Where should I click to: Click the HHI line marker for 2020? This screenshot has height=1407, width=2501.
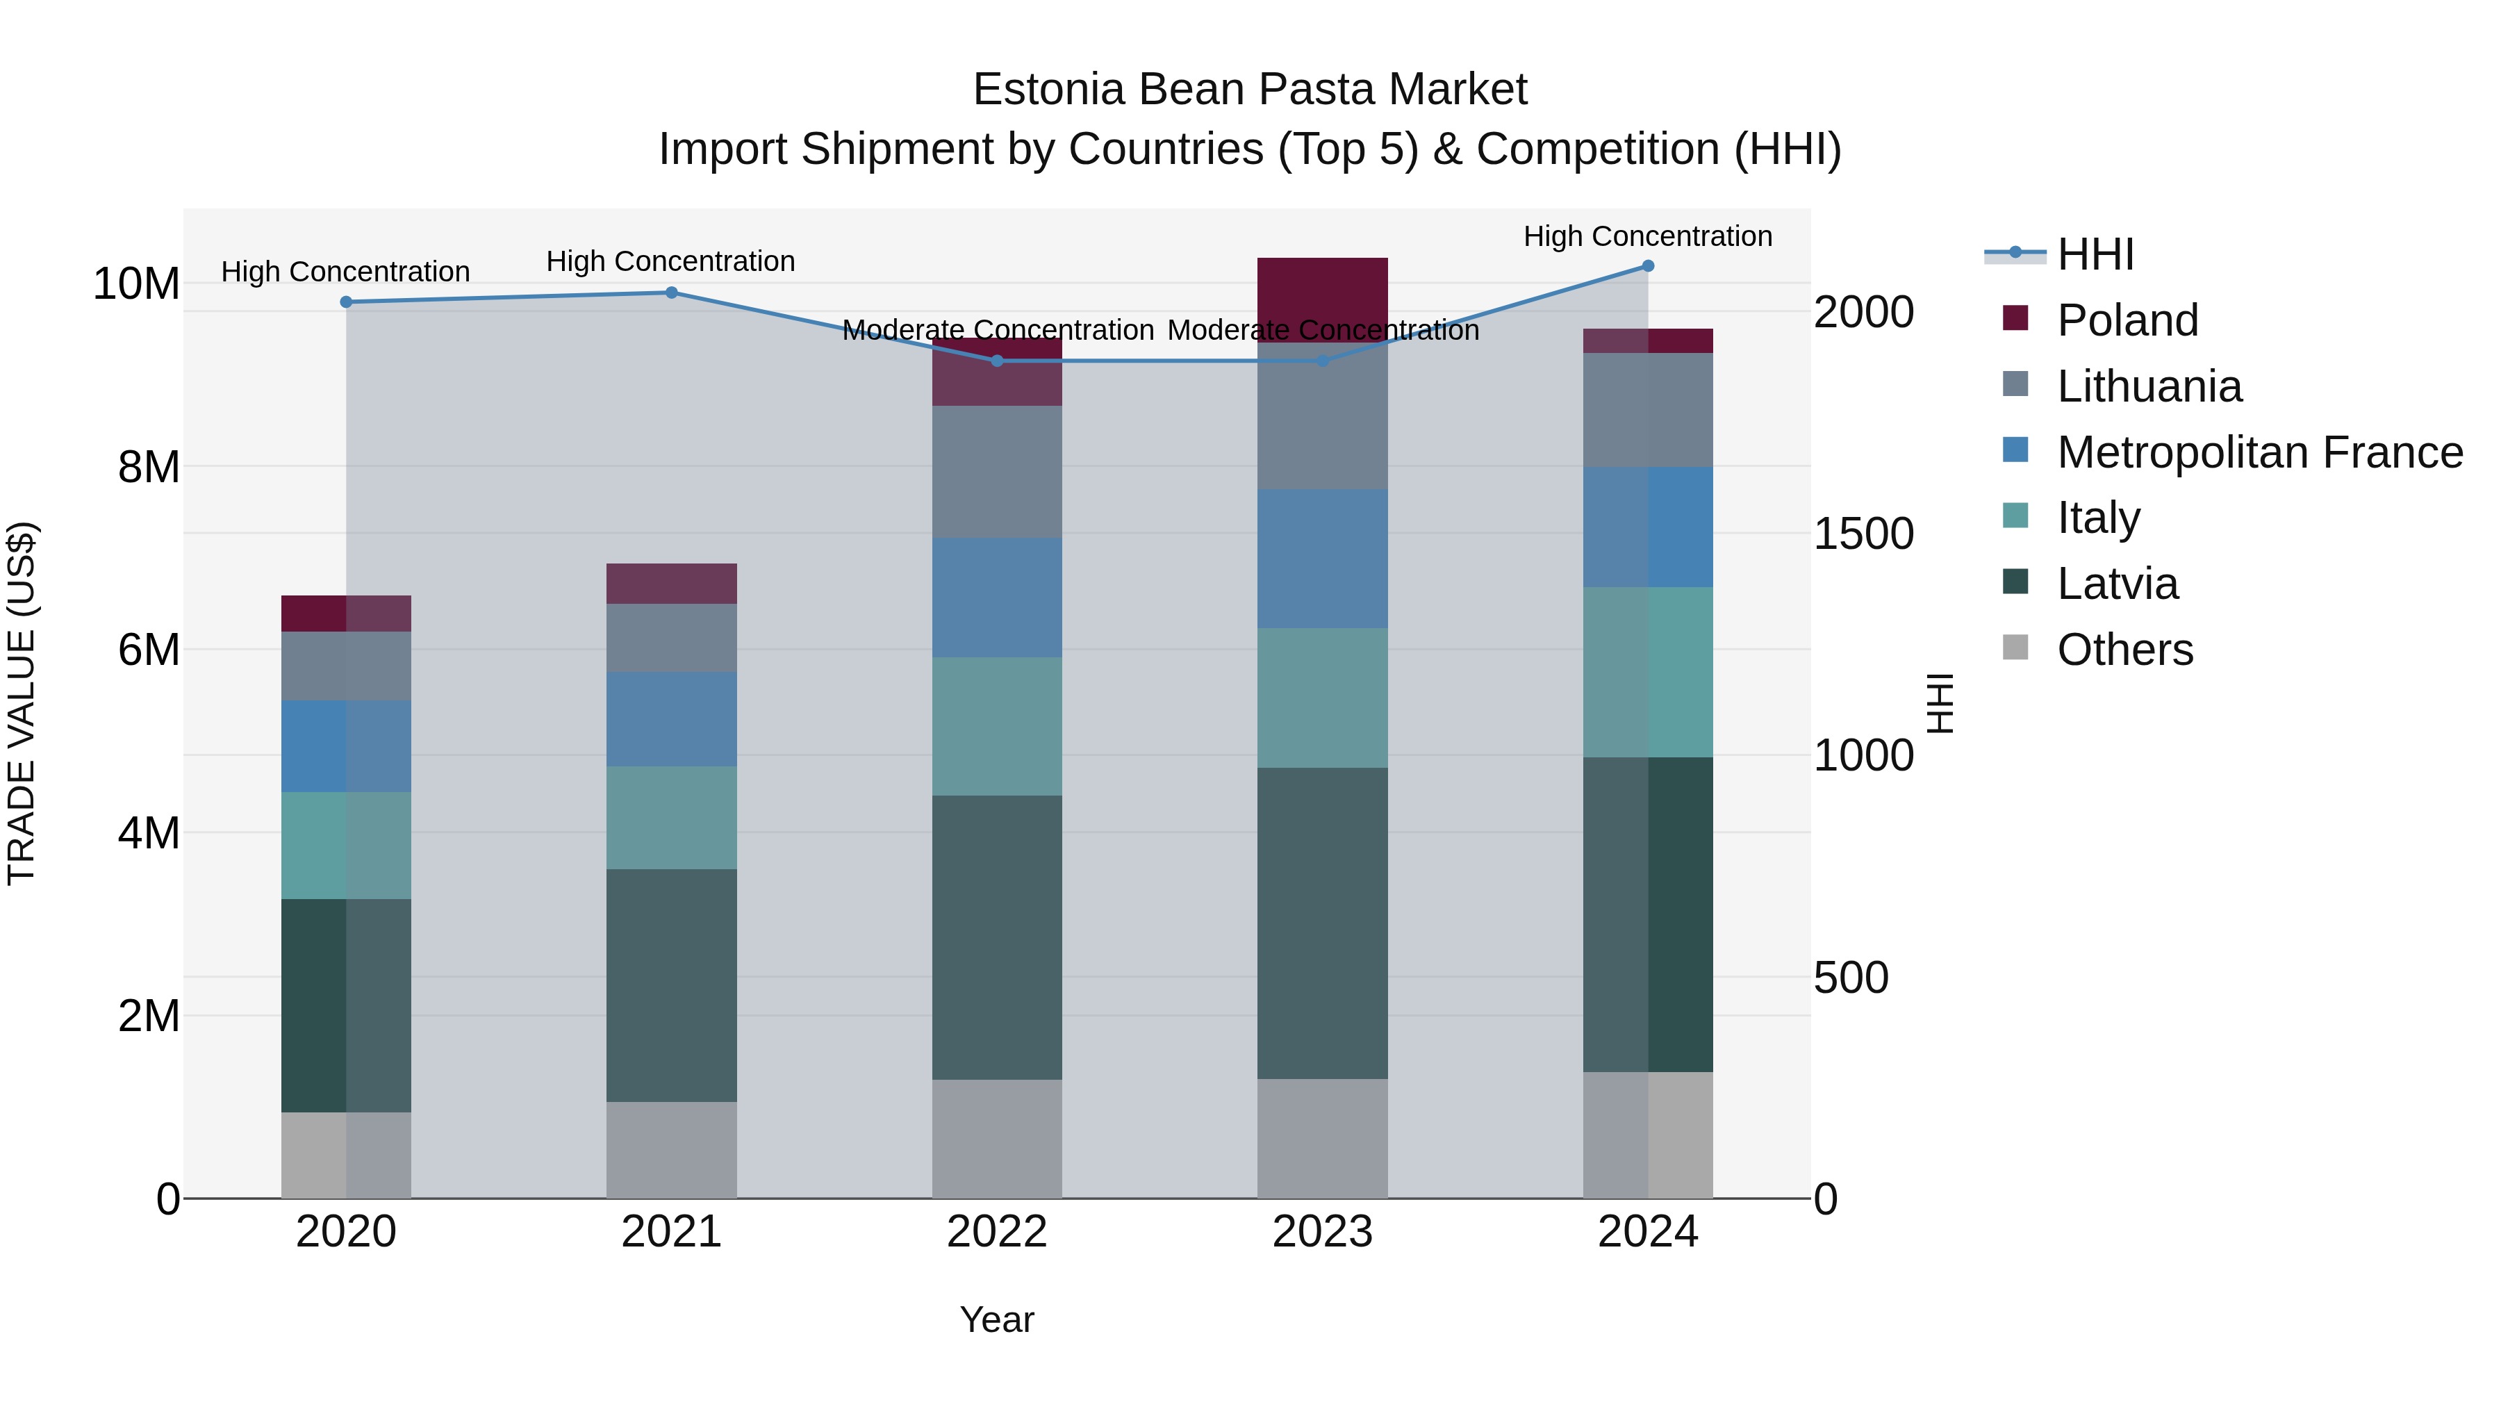(346, 302)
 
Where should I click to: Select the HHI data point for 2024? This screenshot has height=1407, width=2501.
(1648, 266)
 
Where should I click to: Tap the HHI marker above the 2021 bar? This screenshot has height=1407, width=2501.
(671, 293)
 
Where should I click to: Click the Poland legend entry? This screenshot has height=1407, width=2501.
(2127, 320)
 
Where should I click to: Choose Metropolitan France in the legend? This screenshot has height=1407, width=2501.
(2259, 452)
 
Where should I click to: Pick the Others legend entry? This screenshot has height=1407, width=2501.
(2124, 650)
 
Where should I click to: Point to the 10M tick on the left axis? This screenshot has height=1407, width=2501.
(136, 284)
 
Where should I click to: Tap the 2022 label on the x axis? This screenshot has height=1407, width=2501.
(996, 1232)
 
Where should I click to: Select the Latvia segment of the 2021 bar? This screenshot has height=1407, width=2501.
(671, 985)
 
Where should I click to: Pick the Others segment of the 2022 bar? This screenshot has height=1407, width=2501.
(996, 1138)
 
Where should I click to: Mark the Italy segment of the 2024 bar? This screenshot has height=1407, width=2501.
(1648, 672)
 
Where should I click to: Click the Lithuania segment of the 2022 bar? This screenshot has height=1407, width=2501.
(996, 472)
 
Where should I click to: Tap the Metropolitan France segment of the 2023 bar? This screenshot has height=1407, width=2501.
(1322, 559)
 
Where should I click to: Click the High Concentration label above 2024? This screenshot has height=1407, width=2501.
(1648, 236)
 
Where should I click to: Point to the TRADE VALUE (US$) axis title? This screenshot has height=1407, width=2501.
(22, 703)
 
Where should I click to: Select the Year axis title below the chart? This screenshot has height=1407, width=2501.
(996, 1319)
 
